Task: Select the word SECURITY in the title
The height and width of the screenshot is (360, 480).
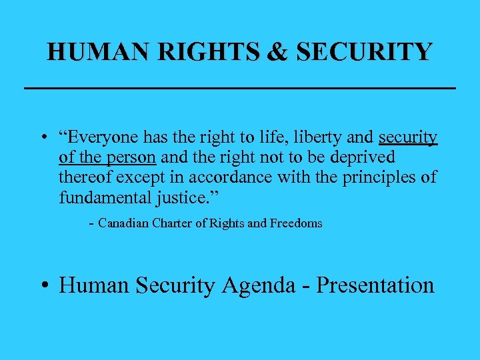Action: [365, 51]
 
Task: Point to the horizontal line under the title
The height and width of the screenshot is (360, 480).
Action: [239, 88]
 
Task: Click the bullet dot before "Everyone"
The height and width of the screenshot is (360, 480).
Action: [42, 139]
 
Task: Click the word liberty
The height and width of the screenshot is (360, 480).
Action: [306, 137]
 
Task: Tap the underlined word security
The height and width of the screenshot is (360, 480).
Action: [408, 137]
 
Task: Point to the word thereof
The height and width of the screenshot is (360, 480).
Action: [86, 177]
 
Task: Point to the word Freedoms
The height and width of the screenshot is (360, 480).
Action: [296, 223]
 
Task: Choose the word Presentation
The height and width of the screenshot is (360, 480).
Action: [375, 285]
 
